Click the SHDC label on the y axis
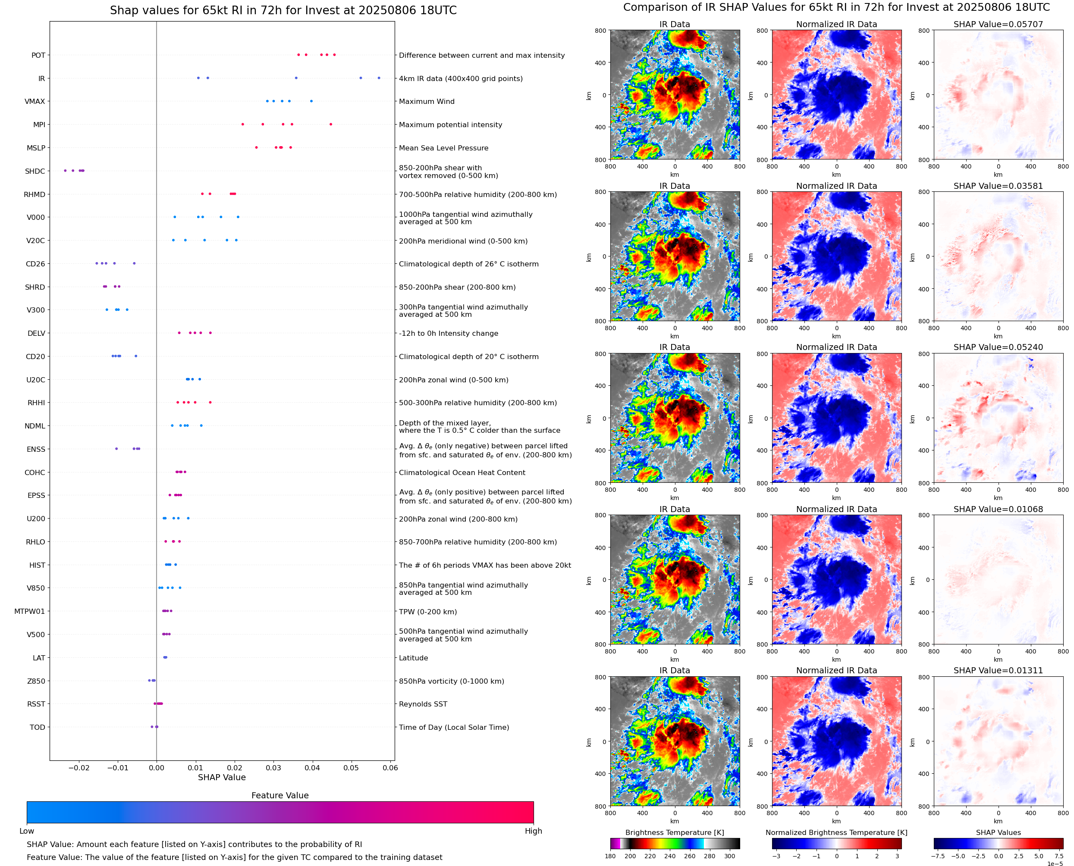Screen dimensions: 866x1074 35,171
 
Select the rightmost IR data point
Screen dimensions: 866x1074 379,78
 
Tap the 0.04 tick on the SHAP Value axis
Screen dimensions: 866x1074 312,768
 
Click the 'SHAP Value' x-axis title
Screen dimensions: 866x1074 222,777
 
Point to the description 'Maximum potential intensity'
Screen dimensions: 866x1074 450,125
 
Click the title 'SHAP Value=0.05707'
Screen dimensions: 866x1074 998,24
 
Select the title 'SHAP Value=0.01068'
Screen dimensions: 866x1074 998,510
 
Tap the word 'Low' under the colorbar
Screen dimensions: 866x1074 26,831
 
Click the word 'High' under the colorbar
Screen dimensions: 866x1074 533,831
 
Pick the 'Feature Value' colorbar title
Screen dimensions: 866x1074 280,795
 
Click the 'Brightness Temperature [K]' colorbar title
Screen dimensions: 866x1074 674,832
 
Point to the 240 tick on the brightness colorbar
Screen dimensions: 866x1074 670,856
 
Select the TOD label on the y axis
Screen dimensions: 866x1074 38,727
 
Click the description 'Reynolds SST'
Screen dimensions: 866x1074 423,704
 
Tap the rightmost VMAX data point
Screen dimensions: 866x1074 311,101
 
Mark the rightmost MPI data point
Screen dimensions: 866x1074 331,124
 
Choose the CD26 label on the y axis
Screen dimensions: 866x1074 35,264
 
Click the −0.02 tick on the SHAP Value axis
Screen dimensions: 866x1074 79,768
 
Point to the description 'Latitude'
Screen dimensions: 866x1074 413,658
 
